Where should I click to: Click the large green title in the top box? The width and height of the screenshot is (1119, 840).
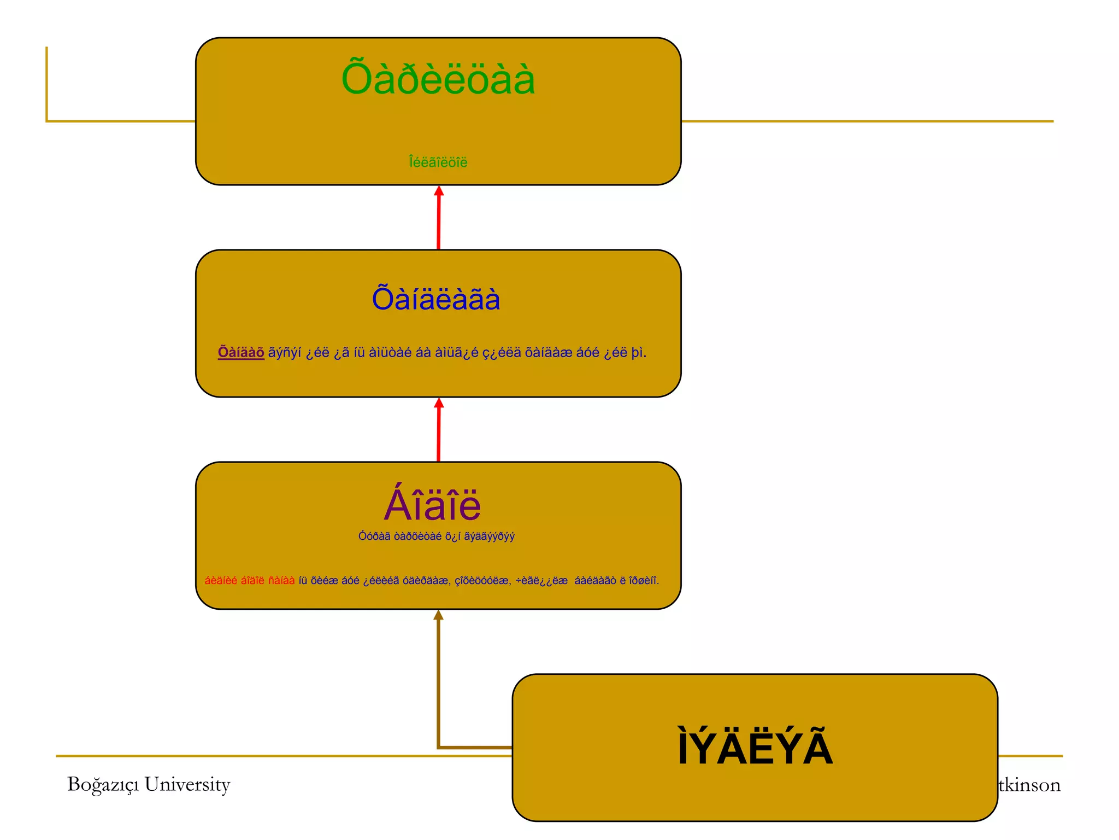(x=438, y=80)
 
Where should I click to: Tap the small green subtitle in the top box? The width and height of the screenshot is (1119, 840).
(x=438, y=162)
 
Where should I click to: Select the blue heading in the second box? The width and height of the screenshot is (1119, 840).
(x=436, y=299)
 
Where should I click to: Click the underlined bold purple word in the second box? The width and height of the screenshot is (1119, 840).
(x=241, y=353)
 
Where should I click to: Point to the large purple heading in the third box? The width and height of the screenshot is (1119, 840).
(x=433, y=505)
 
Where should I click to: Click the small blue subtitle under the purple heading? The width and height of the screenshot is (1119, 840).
(x=436, y=536)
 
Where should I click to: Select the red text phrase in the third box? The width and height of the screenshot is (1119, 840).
(x=250, y=581)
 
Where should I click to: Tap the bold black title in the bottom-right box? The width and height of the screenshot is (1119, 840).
(x=755, y=748)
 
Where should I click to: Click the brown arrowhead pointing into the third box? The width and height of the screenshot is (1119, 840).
(x=438, y=615)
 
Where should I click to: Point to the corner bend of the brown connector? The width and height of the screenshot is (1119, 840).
(x=439, y=746)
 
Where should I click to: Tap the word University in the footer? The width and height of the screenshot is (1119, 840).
(x=187, y=785)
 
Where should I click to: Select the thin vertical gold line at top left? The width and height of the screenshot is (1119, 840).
(x=47, y=82)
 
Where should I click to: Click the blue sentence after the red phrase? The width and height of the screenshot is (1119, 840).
(x=479, y=581)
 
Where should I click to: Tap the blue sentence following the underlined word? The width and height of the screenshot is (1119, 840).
(x=457, y=353)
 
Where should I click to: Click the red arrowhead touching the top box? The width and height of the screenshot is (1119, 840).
(x=439, y=191)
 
